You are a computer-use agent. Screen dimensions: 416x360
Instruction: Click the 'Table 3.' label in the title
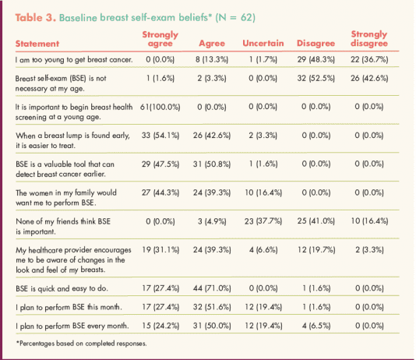coord(36,17)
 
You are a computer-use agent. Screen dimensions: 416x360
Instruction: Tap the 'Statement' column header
coord(37,44)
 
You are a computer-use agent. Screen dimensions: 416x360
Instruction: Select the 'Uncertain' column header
coord(263,43)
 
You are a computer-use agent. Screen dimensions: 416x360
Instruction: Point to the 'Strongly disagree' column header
coord(369,39)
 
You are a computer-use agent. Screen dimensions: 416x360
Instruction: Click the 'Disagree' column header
coord(316,43)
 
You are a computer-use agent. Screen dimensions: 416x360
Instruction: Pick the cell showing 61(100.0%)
coord(160,107)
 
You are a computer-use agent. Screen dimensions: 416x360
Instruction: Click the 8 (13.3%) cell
coord(212,59)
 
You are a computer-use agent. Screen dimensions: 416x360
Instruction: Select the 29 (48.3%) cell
coord(316,59)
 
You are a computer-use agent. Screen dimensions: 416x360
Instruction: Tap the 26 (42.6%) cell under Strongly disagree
coord(369,78)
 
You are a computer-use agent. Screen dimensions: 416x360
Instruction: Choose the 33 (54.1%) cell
coord(160,136)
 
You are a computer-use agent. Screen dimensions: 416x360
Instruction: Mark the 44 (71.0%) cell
coord(212,288)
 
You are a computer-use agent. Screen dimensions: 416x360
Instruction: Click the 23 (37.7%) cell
coord(263,221)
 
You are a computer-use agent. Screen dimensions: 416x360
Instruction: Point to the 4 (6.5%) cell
coord(316,326)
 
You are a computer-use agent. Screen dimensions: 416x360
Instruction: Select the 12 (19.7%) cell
coord(316,250)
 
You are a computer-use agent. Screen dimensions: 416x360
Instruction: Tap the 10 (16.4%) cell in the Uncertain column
coord(263,192)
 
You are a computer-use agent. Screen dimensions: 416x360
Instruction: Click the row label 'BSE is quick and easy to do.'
coord(62,288)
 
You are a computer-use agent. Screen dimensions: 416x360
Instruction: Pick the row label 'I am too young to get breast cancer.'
coord(74,60)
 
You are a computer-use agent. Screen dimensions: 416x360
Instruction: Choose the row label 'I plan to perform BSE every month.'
coord(72,326)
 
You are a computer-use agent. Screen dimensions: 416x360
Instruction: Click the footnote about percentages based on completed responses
coord(81,344)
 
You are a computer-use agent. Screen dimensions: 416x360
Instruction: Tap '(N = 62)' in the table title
coord(235,17)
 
